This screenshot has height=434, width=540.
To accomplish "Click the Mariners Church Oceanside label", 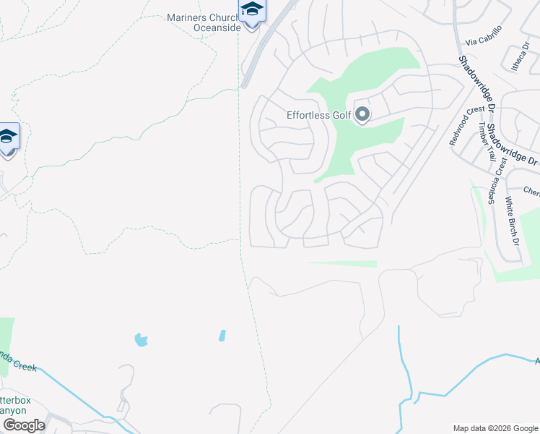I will [x=202, y=23].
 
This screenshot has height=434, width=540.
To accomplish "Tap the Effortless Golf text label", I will [x=318, y=115].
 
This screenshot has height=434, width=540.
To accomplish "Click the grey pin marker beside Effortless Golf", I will [x=362, y=115].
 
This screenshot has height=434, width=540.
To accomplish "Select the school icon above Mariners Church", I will [x=252, y=10].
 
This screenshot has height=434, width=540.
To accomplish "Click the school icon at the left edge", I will [x=8, y=137].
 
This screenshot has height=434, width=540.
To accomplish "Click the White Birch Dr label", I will [x=512, y=220].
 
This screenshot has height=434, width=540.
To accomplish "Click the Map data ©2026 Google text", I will [x=495, y=428].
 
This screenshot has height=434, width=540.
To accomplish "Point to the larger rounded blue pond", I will [x=141, y=339].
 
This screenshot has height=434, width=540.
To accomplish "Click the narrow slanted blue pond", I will [x=222, y=336].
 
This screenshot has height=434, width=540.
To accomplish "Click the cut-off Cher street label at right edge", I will [x=531, y=192].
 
